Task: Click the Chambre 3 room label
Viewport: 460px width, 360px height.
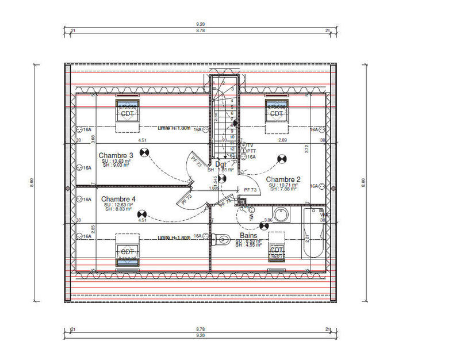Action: point(116,155)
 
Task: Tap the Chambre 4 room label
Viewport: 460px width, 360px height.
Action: point(118,198)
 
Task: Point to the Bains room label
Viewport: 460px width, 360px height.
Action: point(248,235)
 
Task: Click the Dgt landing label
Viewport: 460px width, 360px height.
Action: point(221,164)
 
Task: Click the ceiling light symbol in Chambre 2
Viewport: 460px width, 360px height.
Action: point(282,158)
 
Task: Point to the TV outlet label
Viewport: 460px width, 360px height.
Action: point(251,145)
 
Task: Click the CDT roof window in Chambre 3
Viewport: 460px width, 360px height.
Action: point(127,113)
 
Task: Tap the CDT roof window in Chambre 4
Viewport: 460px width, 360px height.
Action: point(127,252)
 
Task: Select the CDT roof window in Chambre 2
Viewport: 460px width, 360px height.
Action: point(277,113)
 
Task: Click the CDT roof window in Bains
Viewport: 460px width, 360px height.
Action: point(277,251)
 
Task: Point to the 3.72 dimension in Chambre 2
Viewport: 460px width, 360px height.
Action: point(307,148)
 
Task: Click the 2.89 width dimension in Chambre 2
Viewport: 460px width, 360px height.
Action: point(283,140)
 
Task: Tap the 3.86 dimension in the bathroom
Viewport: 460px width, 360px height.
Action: point(267,220)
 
